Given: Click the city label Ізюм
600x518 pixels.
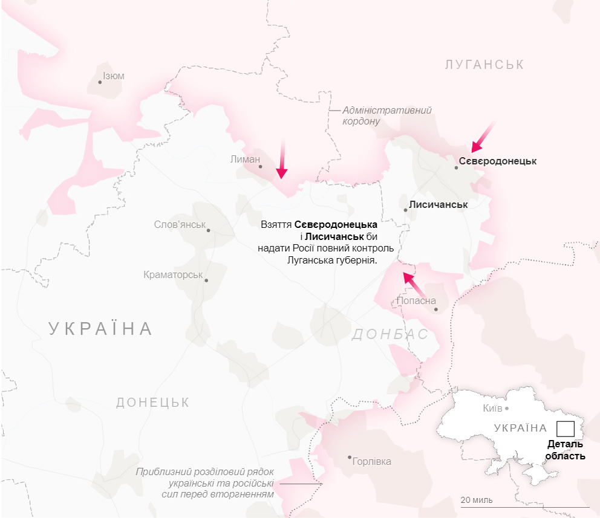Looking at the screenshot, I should pos(114,76).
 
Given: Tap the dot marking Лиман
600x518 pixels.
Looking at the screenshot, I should pos(261,166).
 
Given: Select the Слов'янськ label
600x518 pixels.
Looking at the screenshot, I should pos(180,224).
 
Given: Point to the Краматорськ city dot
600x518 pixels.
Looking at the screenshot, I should pos(206,280).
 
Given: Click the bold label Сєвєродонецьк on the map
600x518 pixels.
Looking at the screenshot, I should pos(497,161).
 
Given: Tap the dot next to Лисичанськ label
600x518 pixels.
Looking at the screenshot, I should pos(406,210).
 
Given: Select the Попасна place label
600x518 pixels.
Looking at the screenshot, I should pos(416,300).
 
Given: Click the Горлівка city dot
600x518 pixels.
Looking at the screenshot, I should pos(350,458).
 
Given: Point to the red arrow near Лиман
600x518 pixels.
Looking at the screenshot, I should pos(281,160).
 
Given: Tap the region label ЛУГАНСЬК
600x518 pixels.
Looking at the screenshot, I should pos(484,65).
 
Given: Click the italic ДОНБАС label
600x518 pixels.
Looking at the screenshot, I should pos(390,334).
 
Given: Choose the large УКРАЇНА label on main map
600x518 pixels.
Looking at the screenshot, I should pos(100,329).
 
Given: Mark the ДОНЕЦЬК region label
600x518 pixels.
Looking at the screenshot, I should pos(152,403).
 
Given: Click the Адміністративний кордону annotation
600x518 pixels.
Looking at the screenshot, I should pos(386,115).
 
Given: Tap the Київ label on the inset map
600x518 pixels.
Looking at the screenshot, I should pos(492,408).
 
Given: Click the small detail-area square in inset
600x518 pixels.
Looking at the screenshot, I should pos(565,429).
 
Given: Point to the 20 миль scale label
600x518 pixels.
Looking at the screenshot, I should pos(476,500).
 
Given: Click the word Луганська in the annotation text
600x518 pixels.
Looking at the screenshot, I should pos(312,260).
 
